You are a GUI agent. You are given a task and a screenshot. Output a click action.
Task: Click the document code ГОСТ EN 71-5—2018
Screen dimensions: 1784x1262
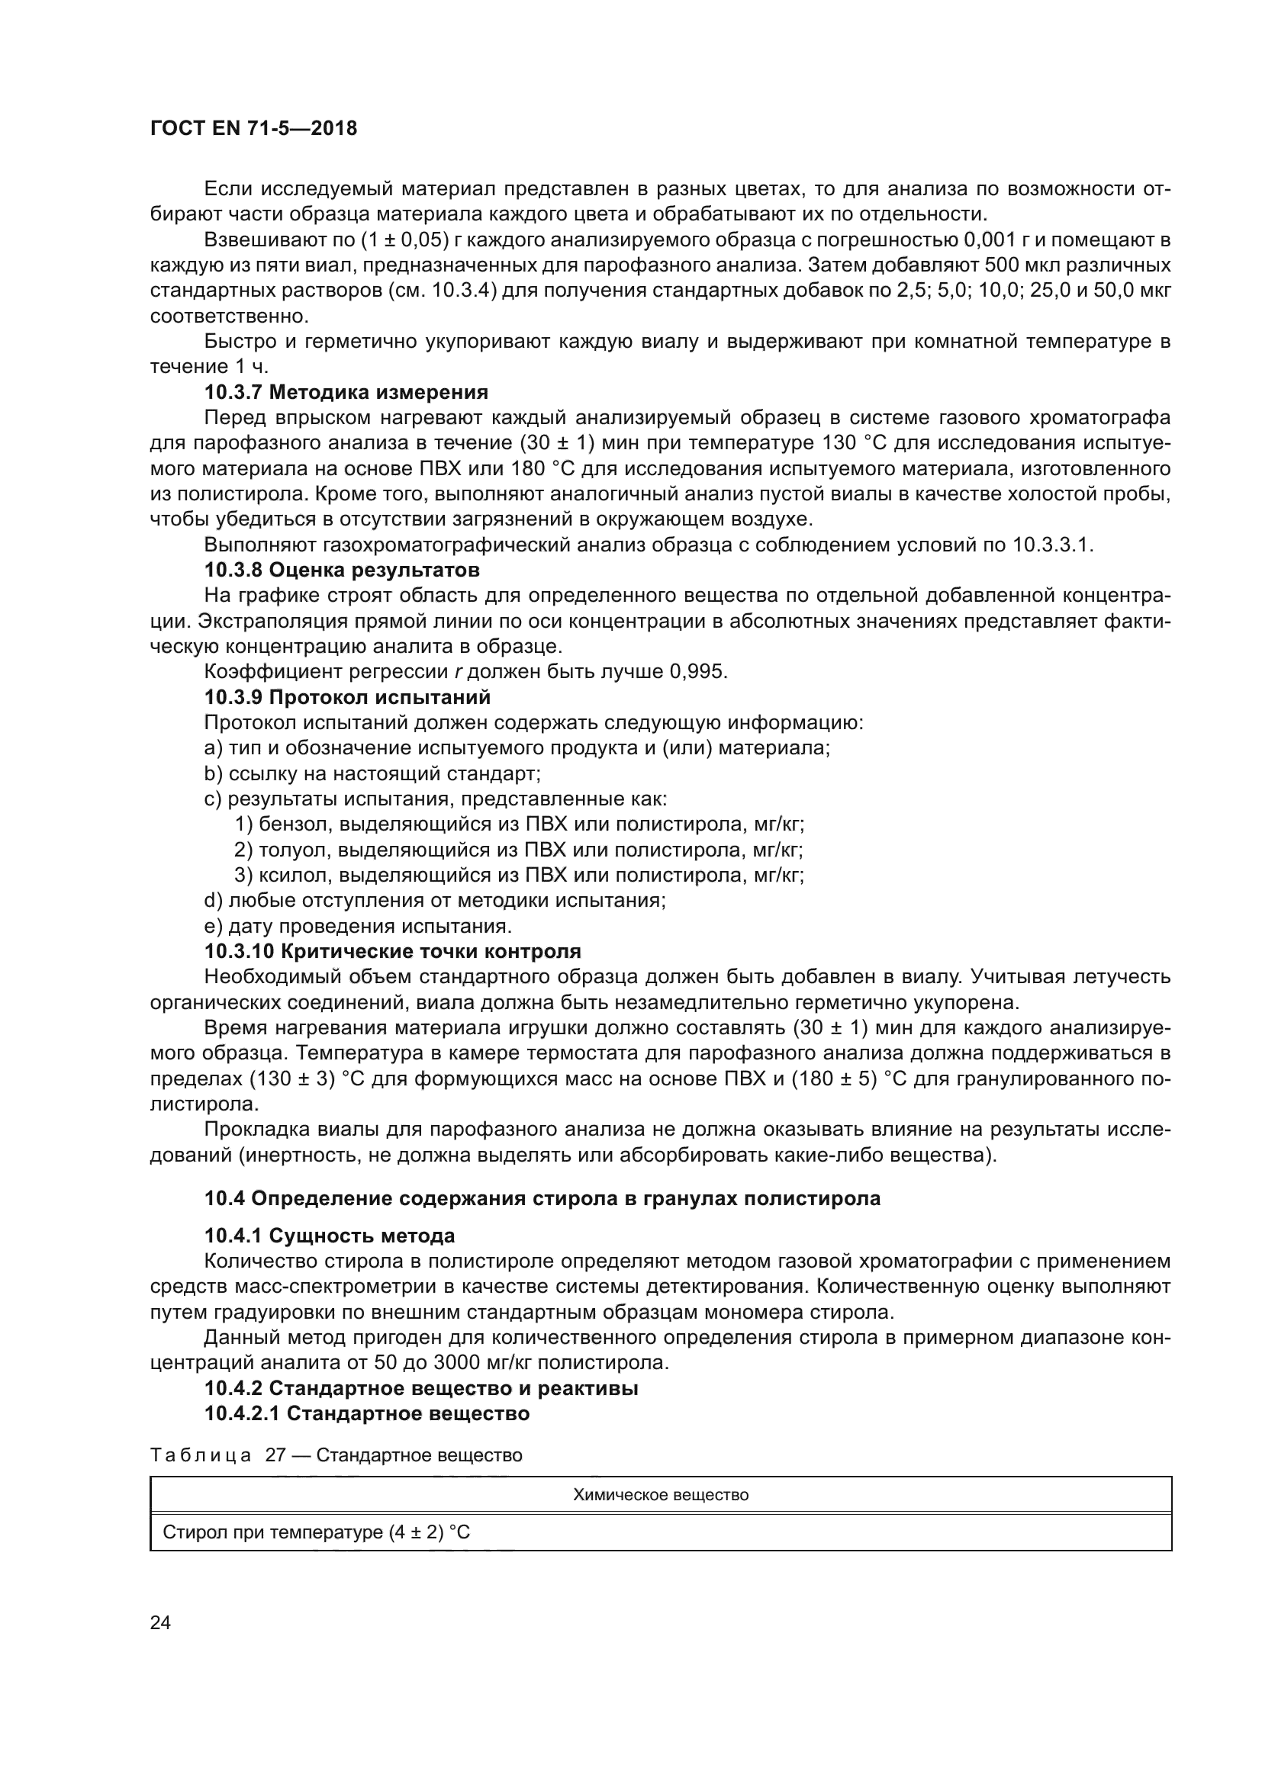pos(253,129)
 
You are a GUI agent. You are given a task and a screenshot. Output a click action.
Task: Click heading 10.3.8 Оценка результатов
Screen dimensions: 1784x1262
pos(341,570)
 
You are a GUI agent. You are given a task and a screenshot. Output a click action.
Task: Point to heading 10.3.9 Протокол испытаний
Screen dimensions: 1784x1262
pos(346,697)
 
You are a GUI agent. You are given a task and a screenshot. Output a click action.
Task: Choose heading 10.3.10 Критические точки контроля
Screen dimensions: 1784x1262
pos(392,951)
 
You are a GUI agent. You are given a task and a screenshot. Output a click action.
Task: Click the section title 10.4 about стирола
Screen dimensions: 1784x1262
pos(542,1198)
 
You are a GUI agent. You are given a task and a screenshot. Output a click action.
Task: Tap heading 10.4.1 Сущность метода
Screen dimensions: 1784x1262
pos(330,1236)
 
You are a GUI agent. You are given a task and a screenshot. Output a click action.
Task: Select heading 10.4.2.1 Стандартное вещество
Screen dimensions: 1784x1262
pos(367,1413)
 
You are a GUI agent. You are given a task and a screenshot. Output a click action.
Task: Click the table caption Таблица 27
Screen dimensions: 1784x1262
pos(336,1455)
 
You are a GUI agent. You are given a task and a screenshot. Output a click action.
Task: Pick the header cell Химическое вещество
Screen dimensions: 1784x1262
pos(660,1495)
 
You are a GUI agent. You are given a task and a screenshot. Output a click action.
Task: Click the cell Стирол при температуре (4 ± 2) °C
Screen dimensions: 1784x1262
pos(317,1533)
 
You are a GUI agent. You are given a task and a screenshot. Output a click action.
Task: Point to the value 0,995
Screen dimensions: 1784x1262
pos(698,672)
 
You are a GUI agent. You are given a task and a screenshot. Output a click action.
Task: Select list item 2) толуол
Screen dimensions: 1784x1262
pos(518,850)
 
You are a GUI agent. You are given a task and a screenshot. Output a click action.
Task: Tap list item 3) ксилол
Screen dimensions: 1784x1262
pos(518,876)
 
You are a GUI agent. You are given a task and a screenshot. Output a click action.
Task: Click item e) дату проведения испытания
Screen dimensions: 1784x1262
pos(357,926)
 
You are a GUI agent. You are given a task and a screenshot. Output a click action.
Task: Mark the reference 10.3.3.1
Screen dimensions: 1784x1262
pos(1052,545)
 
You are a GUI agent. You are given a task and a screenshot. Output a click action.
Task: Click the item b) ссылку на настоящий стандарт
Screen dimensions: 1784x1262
pos(372,774)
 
